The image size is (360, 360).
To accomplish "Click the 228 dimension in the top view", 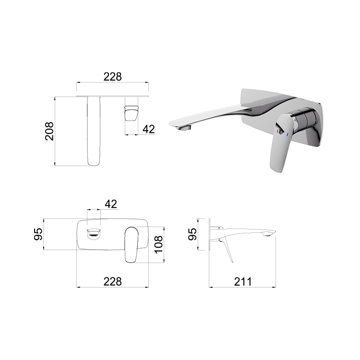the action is tap(112, 77).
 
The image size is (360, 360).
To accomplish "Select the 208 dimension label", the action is tap(49, 131).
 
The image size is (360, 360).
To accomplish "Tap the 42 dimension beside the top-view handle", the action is tap(149, 129).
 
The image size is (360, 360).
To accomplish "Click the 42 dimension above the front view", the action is tap(111, 204).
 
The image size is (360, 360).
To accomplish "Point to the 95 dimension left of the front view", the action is tap(38, 234).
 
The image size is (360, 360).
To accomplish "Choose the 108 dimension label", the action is tap(159, 244).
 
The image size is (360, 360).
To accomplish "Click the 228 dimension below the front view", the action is tap(112, 281).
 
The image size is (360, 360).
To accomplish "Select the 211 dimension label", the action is tap(243, 281).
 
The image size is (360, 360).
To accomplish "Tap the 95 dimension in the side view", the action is tap(192, 234).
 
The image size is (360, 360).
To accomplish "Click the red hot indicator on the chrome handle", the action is tap(277, 132).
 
